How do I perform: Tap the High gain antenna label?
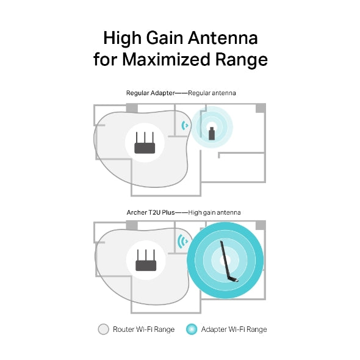coord(214,212)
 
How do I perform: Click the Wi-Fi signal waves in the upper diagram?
coord(184,126)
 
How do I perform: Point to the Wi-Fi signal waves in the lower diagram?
coord(181,242)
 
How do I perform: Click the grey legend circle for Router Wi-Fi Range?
coord(103,329)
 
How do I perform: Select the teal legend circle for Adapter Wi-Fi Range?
coord(192,329)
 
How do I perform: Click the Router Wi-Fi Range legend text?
coord(143,329)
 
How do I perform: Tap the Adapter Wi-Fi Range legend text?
coord(234,329)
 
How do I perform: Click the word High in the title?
coord(121,38)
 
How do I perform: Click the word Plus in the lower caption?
coord(167,212)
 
